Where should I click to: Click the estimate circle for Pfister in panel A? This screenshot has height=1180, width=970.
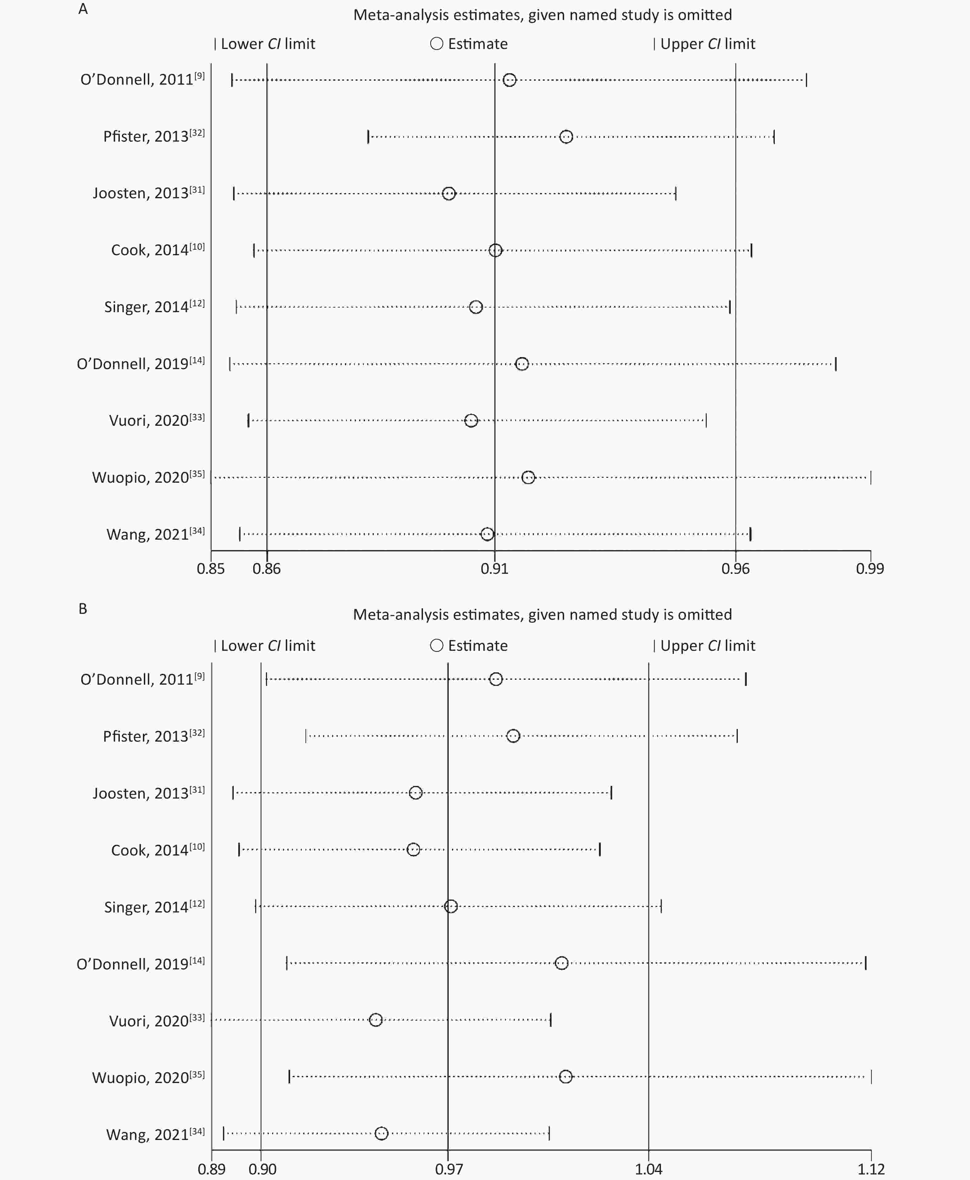(x=566, y=137)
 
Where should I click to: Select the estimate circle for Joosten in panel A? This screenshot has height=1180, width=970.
(x=449, y=194)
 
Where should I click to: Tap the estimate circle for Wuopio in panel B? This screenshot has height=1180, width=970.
(x=565, y=1076)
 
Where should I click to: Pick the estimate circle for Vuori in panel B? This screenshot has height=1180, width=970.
(x=375, y=1020)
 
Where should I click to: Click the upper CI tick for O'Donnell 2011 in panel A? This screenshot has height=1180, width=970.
(x=806, y=80)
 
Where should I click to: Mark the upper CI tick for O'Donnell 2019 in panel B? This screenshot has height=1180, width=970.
(x=866, y=963)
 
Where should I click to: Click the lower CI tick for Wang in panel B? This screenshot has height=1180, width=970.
(x=224, y=1133)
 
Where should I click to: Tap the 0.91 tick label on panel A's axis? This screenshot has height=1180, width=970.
(x=495, y=569)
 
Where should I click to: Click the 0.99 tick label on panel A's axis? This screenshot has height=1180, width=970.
(x=870, y=569)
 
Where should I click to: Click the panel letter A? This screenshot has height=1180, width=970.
(x=83, y=10)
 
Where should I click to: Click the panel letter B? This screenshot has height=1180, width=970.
(x=83, y=609)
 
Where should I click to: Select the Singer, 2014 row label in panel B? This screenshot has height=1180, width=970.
(x=154, y=907)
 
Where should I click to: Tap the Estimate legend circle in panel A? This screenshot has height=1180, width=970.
(x=436, y=43)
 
